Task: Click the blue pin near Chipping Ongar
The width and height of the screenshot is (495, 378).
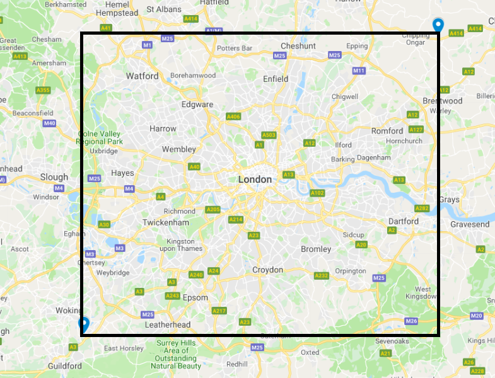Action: pos(437,25)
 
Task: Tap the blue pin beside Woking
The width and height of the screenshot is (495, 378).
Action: pos(83,324)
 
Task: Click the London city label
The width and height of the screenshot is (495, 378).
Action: pos(255,180)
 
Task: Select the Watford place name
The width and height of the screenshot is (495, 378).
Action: pos(143,76)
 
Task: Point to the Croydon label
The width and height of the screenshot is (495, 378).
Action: pos(267,270)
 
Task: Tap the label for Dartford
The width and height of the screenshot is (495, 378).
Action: pos(403,221)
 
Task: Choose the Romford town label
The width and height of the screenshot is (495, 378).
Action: pos(387,131)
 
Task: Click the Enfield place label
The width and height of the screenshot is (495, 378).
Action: pos(276,79)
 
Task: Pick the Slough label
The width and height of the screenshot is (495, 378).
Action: pos(54,177)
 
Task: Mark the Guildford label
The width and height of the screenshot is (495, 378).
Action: pos(65,366)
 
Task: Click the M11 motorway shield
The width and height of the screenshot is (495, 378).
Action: pos(359,71)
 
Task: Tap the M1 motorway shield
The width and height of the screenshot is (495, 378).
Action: pos(148,45)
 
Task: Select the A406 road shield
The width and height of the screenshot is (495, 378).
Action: pos(233,117)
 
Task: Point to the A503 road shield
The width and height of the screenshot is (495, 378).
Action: pos(269,135)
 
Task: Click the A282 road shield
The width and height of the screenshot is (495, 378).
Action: pos(422,209)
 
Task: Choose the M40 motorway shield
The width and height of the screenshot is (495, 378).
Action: pos(50,123)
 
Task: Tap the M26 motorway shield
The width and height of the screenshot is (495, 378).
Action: pos(412,321)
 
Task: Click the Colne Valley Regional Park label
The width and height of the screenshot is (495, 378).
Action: pos(100,138)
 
